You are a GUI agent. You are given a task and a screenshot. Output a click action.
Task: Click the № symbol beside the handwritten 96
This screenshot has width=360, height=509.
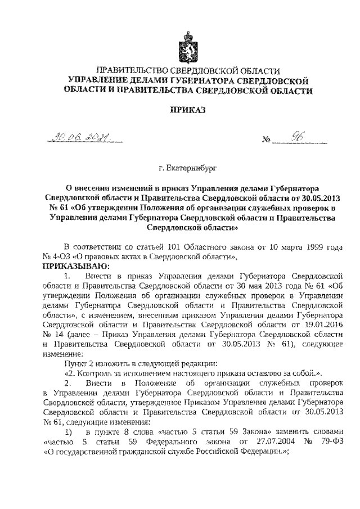267,140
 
